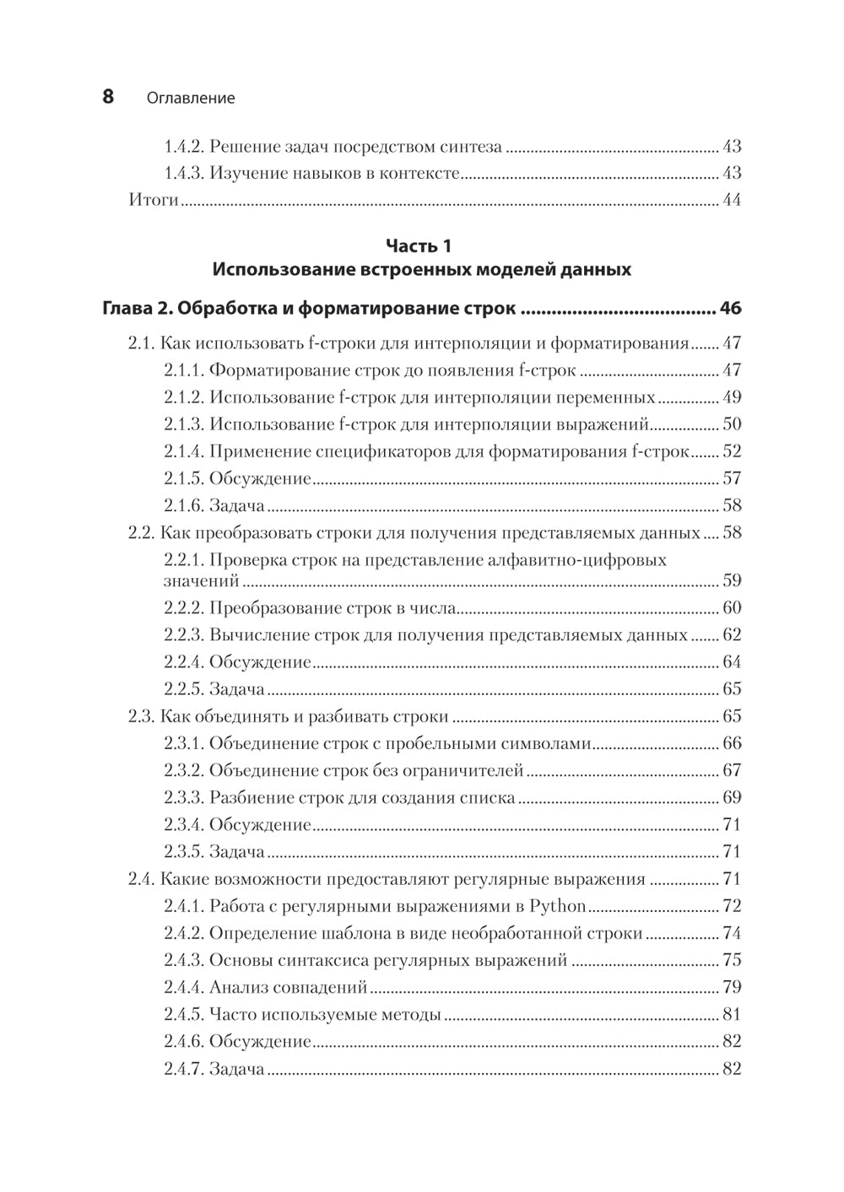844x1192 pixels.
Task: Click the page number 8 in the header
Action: click(108, 97)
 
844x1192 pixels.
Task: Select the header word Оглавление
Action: click(190, 99)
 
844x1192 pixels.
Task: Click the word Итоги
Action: click(153, 201)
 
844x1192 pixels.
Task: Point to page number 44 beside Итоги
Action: click(731, 201)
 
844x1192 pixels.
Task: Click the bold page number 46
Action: click(730, 309)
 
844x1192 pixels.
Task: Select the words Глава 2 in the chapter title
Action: click(135, 309)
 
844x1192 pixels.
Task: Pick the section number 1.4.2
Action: click(183, 147)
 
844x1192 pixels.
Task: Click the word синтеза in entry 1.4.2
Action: click(471, 147)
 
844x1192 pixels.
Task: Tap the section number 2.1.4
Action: click(183, 451)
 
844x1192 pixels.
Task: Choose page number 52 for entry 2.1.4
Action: click(731, 451)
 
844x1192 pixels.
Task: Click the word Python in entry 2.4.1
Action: click(558, 907)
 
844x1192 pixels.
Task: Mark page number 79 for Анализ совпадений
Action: click(731, 987)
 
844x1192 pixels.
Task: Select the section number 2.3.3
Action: click(183, 797)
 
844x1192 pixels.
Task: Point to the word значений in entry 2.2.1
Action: click(201, 581)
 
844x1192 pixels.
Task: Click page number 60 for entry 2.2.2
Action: click(731, 608)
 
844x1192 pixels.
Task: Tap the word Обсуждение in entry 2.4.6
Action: click(260, 1042)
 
